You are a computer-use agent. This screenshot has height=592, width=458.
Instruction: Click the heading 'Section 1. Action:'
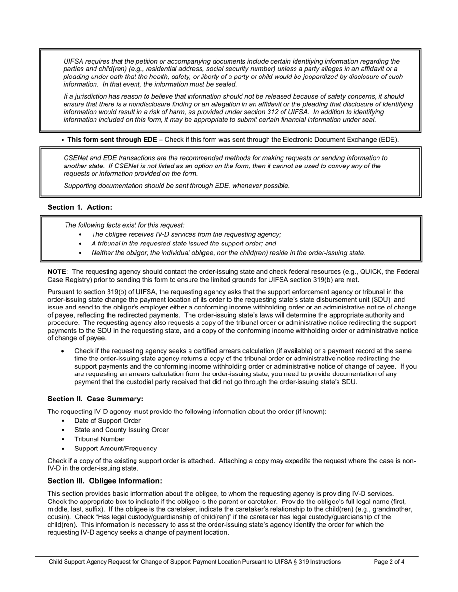[80, 207]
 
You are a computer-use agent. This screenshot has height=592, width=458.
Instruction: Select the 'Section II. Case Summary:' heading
[95, 399]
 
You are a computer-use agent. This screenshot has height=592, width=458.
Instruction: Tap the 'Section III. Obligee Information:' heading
[105, 481]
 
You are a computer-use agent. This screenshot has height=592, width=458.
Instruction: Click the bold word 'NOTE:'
[57, 272]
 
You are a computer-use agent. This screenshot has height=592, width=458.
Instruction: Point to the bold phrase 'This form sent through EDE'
[112, 140]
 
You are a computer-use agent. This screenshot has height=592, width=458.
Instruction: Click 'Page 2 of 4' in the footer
[389, 561]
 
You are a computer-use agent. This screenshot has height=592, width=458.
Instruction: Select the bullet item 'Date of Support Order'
[107, 421]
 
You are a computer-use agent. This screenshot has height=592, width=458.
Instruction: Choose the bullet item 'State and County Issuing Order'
[121, 430]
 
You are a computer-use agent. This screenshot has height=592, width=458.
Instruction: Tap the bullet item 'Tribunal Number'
[99, 439]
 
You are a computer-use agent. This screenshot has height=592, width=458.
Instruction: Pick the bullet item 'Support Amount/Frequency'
[115, 448]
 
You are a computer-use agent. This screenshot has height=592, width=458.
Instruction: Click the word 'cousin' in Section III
[58, 517]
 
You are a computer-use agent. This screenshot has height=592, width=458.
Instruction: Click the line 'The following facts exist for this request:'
[124, 225]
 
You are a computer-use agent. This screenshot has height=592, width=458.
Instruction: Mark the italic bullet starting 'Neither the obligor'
[228, 253]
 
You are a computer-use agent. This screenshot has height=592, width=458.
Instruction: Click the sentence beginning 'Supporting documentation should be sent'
[176, 185]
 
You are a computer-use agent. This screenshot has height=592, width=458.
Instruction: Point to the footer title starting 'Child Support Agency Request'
[194, 561]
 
